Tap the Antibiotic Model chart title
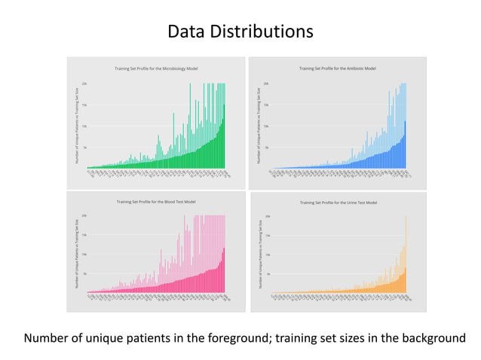click(x=337, y=69)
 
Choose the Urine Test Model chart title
click(x=337, y=203)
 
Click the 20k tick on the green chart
click(x=84, y=84)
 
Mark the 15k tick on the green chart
click(x=84, y=105)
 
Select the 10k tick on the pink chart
click(x=84, y=255)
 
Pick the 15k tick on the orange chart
click(x=267, y=236)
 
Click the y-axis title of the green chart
click(x=76, y=125)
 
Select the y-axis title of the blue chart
click(x=259, y=125)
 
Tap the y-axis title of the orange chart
click(x=259, y=256)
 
